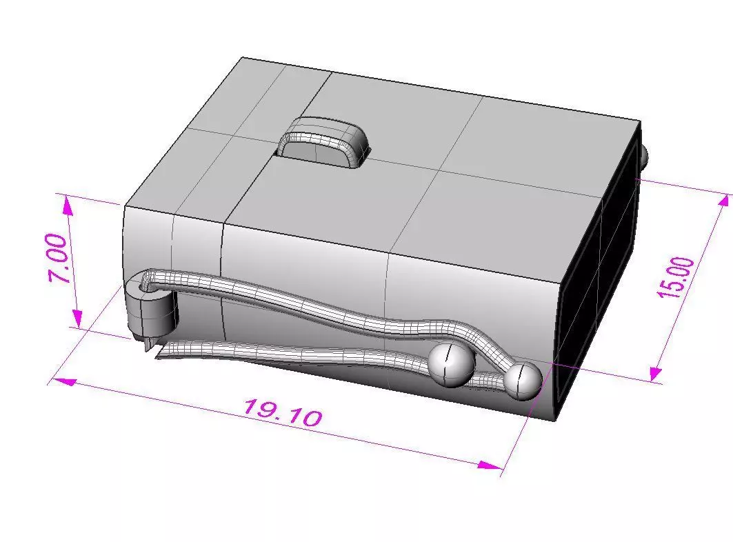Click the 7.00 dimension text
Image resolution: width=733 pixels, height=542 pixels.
tap(59, 259)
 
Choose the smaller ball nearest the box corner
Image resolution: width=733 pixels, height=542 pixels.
tap(522, 380)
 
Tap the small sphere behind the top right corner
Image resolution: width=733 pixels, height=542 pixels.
tap(643, 154)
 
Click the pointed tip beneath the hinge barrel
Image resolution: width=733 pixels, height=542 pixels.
tap(147, 345)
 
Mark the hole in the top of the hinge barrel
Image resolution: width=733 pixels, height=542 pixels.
tap(148, 283)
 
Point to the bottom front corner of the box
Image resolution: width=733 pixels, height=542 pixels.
tap(555, 419)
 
